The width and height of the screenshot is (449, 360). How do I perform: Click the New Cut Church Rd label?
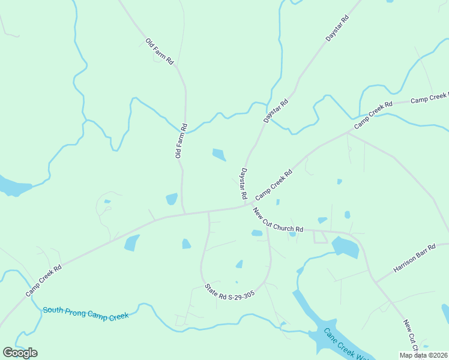278,221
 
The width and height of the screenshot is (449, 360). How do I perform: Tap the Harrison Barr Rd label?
414,258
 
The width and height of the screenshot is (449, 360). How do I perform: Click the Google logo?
20,352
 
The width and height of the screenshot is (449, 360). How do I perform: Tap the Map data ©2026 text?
424,355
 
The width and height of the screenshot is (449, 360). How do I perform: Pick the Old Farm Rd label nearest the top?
160,52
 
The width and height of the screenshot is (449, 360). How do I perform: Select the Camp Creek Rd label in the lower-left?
44,281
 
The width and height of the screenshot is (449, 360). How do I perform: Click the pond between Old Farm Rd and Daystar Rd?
219,155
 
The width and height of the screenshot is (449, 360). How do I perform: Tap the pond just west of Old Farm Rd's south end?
172,199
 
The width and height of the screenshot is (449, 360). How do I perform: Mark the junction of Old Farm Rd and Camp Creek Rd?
184,213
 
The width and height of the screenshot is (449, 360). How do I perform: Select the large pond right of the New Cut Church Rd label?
345,247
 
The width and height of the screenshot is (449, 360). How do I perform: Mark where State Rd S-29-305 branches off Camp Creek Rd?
208,211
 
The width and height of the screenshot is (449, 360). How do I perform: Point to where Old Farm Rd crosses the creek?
185,131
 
